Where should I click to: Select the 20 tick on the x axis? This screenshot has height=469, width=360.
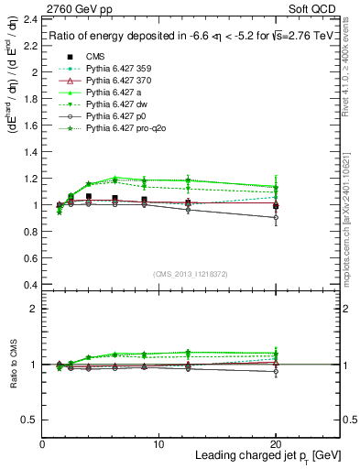pyautogui.click(x=276, y=443)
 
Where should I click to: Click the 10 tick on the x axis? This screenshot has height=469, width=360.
pyautogui.click(x=159, y=443)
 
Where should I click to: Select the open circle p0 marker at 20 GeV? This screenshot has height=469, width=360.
pyautogui.click(x=276, y=218)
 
